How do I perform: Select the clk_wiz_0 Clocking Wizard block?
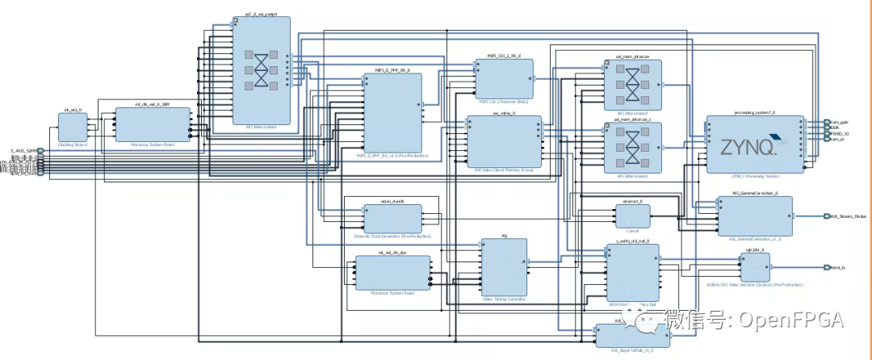click(73, 130)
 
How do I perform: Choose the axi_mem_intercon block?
click(632, 84)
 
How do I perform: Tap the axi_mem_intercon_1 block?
click(632, 148)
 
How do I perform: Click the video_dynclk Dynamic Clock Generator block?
click(392, 218)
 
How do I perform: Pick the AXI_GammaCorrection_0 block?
click(755, 215)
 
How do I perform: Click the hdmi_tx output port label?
click(837, 267)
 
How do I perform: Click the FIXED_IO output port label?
click(839, 133)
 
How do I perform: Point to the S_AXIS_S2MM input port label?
click(23, 151)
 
